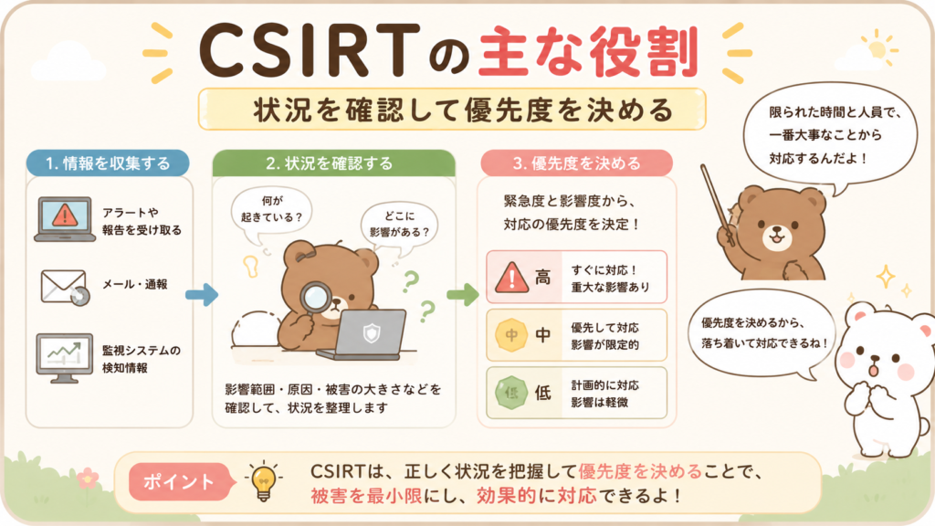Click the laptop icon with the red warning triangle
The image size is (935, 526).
coord(65,219)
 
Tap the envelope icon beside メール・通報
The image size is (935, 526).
coord(65,287)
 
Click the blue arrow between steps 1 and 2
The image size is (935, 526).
coord(202,294)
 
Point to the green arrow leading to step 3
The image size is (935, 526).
coord(463,294)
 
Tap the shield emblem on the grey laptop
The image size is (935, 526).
coord(372,332)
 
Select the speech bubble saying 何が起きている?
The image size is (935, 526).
coord(271,213)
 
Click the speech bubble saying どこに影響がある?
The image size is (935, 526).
coord(399,226)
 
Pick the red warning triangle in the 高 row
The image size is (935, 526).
coord(511,278)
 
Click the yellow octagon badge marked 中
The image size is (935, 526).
coord(511,335)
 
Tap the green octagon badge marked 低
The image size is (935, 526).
coord(511,393)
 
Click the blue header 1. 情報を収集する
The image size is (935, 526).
coord(108,163)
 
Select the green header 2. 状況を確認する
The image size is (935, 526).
coord(334,163)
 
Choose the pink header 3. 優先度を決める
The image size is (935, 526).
coord(577,163)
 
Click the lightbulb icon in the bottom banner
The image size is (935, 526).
coord(264,480)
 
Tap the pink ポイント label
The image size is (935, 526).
coord(180,481)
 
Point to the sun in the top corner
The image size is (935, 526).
coord(877,49)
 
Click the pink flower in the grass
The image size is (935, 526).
coord(89,478)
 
